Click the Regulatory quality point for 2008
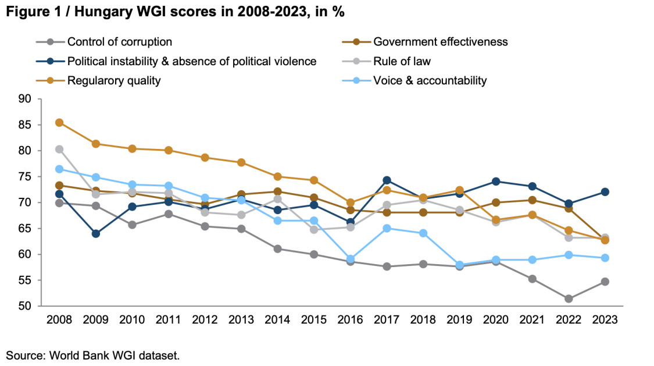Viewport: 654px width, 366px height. [x=59, y=123]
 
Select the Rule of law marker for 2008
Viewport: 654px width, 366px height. [x=59, y=150]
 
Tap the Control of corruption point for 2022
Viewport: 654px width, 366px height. [x=569, y=299]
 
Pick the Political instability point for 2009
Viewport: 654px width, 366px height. [x=95, y=234]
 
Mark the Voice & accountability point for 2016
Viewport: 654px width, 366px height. [x=351, y=259]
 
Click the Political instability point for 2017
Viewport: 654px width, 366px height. [x=387, y=180]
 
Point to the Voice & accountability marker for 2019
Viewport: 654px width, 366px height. [x=460, y=265]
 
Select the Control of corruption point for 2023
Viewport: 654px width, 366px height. [x=606, y=282]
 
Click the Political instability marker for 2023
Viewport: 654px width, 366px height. [x=606, y=192]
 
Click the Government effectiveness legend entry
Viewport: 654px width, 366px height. [x=440, y=42]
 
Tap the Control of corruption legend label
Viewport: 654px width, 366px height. [x=119, y=42]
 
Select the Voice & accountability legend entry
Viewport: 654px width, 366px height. [x=430, y=80]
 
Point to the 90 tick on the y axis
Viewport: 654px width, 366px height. [x=24, y=99]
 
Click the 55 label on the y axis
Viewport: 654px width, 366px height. [x=24, y=280]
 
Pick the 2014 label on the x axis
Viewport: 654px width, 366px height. [x=278, y=319]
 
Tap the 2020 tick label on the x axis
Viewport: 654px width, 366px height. [x=496, y=319]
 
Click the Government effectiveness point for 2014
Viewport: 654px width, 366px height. [x=278, y=191]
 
